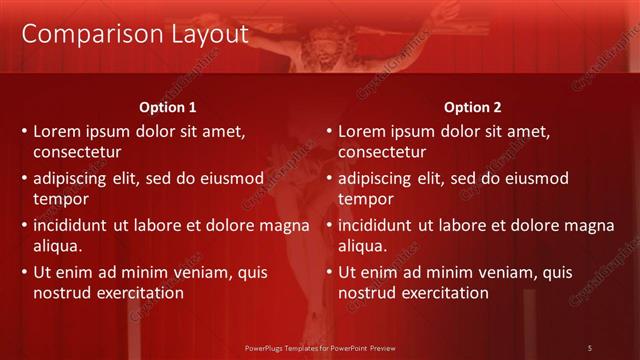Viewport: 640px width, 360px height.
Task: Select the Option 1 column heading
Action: (166, 107)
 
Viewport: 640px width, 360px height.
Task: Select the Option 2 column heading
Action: (473, 107)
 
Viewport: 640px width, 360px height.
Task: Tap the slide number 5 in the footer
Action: (590, 347)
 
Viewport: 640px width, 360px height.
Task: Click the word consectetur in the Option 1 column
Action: (77, 152)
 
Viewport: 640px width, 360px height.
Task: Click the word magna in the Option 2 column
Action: (589, 225)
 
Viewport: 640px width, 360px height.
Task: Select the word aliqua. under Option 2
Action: (363, 246)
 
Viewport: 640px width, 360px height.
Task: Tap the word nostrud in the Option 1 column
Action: (60, 293)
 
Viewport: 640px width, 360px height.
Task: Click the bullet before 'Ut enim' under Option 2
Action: (328, 272)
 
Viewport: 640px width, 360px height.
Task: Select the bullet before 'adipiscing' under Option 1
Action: (23, 179)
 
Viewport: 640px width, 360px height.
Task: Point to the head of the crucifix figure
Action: (322, 45)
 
